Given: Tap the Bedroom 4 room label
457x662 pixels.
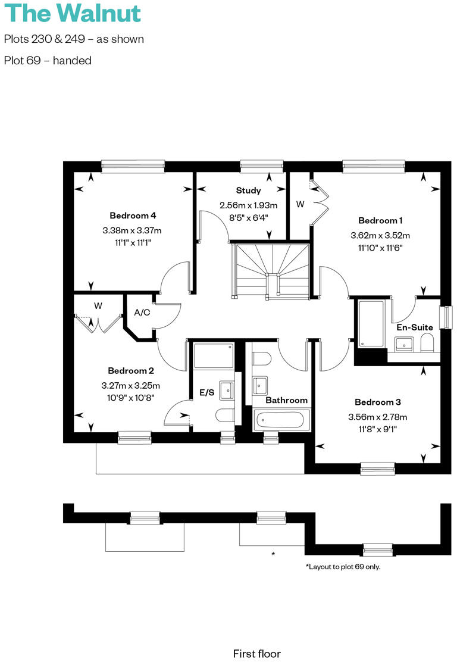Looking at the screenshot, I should [133, 216].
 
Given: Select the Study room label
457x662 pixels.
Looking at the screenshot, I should [248, 191].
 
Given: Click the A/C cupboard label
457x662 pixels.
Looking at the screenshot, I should [142, 313].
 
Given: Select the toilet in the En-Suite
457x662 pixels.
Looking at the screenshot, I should [427, 343].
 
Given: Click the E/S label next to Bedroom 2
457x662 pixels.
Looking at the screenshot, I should [206, 392].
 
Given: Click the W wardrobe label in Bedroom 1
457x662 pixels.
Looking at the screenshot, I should [301, 204].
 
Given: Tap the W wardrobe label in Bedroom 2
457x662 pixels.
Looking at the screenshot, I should [98, 306].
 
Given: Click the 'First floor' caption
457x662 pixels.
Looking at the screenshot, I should [256, 654].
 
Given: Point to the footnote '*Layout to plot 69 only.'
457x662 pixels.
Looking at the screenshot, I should [343, 567].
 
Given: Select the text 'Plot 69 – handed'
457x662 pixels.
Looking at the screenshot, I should [48, 60].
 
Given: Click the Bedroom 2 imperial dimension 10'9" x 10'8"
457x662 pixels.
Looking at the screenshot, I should [131, 397].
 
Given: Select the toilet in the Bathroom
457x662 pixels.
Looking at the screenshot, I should [262, 359].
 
